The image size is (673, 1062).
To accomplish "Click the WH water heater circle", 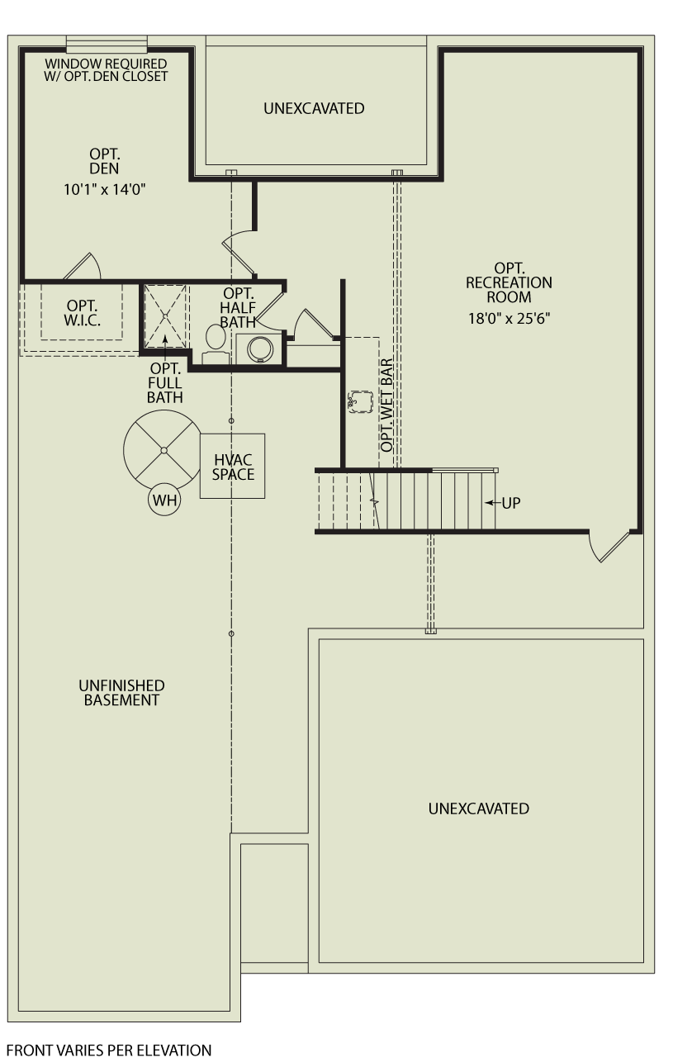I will (x=164, y=500).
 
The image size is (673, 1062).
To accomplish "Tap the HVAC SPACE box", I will (x=233, y=467).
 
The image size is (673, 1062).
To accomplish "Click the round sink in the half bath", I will (x=258, y=348).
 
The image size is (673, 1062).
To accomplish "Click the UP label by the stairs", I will (x=510, y=503).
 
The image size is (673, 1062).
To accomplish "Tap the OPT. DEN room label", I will (x=105, y=161).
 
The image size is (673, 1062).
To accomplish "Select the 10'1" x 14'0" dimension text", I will (x=105, y=189).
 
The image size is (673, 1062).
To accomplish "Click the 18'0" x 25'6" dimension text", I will (x=509, y=318).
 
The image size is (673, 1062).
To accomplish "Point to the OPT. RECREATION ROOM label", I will (x=509, y=282).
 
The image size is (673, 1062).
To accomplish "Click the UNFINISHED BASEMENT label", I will (x=121, y=693).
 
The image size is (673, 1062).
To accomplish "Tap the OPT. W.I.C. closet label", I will (x=83, y=312).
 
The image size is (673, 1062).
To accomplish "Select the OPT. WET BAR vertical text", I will (x=387, y=405).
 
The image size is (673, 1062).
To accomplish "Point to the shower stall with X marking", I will (x=165, y=315).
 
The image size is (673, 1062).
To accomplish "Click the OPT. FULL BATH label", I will (x=165, y=383).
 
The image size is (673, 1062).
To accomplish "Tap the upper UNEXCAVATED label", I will (x=314, y=108).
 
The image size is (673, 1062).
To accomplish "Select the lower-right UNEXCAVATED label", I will (x=478, y=808).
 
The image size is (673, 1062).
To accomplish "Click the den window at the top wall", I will (x=107, y=44).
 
